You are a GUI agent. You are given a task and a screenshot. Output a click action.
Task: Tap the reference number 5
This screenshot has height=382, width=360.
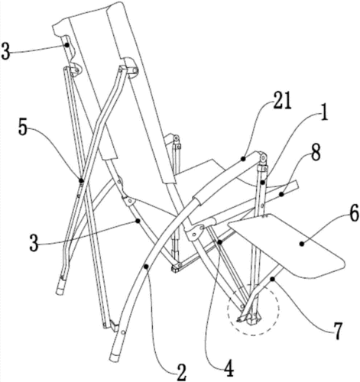(x=23, y=128)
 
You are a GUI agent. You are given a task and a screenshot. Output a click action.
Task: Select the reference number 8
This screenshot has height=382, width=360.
(x=316, y=153)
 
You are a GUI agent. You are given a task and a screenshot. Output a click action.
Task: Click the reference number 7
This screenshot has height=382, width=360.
(x=337, y=330)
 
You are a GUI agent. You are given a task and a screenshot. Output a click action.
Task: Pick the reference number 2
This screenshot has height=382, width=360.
(x=182, y=372)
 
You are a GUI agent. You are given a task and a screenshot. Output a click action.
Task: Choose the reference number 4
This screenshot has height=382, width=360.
(x=229, y=367)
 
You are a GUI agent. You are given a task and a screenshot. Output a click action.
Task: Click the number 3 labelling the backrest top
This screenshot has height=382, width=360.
(x=5, y=52)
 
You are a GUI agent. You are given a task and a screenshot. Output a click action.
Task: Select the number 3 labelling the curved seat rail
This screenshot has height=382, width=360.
(x=34, y=243)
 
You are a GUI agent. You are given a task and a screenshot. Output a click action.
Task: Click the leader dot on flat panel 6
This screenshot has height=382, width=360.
(x=302, y=244)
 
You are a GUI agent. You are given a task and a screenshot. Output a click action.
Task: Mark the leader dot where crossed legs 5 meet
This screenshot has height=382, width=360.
(x=81, y=181)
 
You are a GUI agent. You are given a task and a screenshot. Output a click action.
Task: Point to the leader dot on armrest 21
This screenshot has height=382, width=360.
(x=244, y=159)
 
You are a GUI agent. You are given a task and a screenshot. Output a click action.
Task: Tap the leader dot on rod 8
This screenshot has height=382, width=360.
(x=281, y=195)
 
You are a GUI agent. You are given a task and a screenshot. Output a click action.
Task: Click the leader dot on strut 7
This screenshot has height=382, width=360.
(x=273, y=280)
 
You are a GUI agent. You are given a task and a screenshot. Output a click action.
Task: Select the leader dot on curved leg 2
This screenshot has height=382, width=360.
(x=146, y=267)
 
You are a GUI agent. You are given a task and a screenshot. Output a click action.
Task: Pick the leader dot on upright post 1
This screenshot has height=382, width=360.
(x=263, y=182)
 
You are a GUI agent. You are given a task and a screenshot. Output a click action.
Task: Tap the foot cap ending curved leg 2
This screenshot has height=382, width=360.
(x=114, y=357)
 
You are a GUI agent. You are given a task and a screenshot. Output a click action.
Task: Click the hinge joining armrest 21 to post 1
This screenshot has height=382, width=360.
(x=262, y=157)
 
